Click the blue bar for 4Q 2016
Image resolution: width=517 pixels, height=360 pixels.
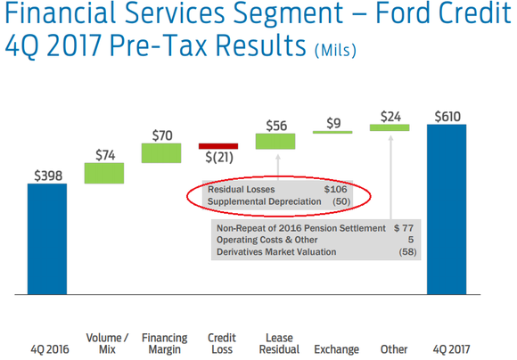pos(47,238)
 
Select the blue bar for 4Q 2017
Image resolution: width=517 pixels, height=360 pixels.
pos(447,209)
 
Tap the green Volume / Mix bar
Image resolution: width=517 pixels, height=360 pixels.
pos(104,173)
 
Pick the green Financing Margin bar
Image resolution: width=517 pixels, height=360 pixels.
pos(160,152)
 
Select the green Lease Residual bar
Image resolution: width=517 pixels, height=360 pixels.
pos(275,141)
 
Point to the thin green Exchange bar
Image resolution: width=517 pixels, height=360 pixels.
pos(332,132)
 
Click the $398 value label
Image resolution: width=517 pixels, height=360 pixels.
pos(47,176)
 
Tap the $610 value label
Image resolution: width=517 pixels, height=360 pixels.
pos(447,116)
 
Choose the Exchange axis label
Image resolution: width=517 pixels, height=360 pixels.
pos(336,349)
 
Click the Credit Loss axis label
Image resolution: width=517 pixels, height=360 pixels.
pos(221,343)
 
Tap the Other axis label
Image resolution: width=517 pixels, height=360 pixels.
pos(393,349)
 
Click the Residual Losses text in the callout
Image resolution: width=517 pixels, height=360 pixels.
pos(241,190)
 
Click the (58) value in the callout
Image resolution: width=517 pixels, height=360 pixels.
pos(406,253)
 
